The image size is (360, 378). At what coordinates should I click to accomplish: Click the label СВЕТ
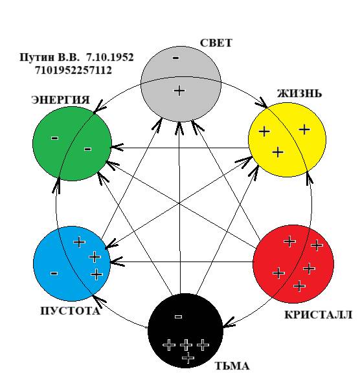coord(216,43)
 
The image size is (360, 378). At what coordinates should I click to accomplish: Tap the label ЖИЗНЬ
coord(299,93)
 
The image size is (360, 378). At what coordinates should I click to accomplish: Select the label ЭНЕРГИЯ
coord(60,100)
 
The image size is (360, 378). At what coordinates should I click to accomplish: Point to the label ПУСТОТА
coord(70,311)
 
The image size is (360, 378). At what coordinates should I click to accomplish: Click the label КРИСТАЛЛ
coord(319,315)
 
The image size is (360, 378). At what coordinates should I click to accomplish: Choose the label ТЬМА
coord(232,366)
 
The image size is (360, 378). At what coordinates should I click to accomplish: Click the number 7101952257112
coord(73,71)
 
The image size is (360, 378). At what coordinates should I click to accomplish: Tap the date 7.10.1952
coord(110,58)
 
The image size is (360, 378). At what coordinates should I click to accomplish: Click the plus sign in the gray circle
coord(179,91)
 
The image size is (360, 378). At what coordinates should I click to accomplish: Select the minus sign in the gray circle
coord(175,58)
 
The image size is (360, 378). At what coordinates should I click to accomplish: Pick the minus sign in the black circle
coord(178,317)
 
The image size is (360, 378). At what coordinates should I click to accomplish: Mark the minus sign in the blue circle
coord(54,273)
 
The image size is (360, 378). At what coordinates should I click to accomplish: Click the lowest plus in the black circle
coord(188,358)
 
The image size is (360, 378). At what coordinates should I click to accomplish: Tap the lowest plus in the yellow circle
coord(278,152)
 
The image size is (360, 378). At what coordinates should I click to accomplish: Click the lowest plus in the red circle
coord(300,286)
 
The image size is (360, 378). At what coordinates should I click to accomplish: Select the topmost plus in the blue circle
coord(80,242)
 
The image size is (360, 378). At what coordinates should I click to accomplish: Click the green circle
coord(72,144)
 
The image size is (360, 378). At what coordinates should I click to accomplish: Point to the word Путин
coord(37,58)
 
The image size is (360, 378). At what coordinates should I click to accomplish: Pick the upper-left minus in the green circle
coord(55,138)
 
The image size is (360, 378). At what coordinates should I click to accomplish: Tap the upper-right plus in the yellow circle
coord(304,129)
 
